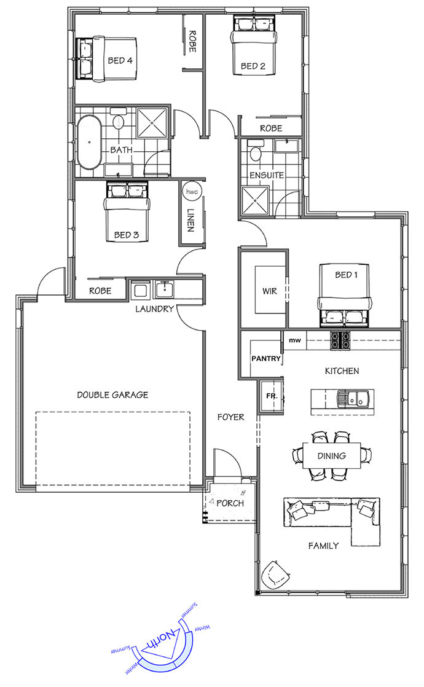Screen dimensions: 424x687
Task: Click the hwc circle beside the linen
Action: (191, 192)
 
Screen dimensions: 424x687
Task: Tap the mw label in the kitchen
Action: (295, 340)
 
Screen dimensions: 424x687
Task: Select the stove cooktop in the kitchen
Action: (340, 340)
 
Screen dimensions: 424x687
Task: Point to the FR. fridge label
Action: (272, 396)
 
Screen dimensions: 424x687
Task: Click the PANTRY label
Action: (266, 358)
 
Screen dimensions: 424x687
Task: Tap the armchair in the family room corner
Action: (275, 575)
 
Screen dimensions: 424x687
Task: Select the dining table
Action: (332, 456)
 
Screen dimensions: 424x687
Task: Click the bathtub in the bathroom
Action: (89, 142)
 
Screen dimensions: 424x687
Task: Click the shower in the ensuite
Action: (255, 200)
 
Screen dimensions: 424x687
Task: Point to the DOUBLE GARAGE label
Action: (112, 395)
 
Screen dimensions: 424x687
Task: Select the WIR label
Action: (270, 291)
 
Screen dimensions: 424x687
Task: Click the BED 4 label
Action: (120, 60)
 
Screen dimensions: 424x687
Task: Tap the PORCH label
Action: (230, 503)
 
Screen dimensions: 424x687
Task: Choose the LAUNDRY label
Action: (155, 309)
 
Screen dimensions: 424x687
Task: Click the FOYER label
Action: (231, 417)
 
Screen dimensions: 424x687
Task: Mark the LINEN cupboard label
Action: (190, 220)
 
